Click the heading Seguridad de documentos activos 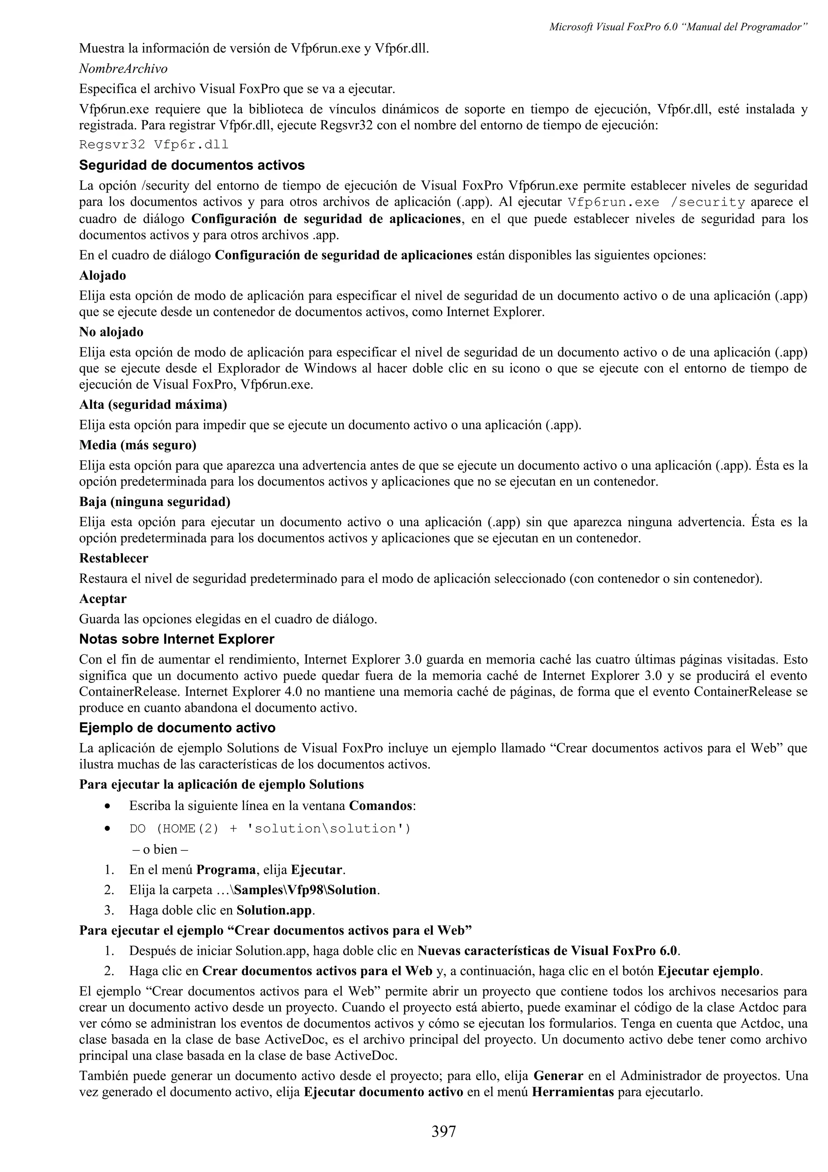point(192,165)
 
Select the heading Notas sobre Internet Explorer point(177,639)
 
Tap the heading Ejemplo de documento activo point(177,728)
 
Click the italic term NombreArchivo point(123,68)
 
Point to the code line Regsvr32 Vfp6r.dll point(154,145)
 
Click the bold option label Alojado point(103,276)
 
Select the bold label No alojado point(111,332)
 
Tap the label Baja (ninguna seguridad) point(154,502)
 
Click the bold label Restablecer point(114,558)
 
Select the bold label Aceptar point(103,599)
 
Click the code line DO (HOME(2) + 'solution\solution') point(270,829)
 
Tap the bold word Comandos point(380,806)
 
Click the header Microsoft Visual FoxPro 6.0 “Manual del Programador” point(678,28)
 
